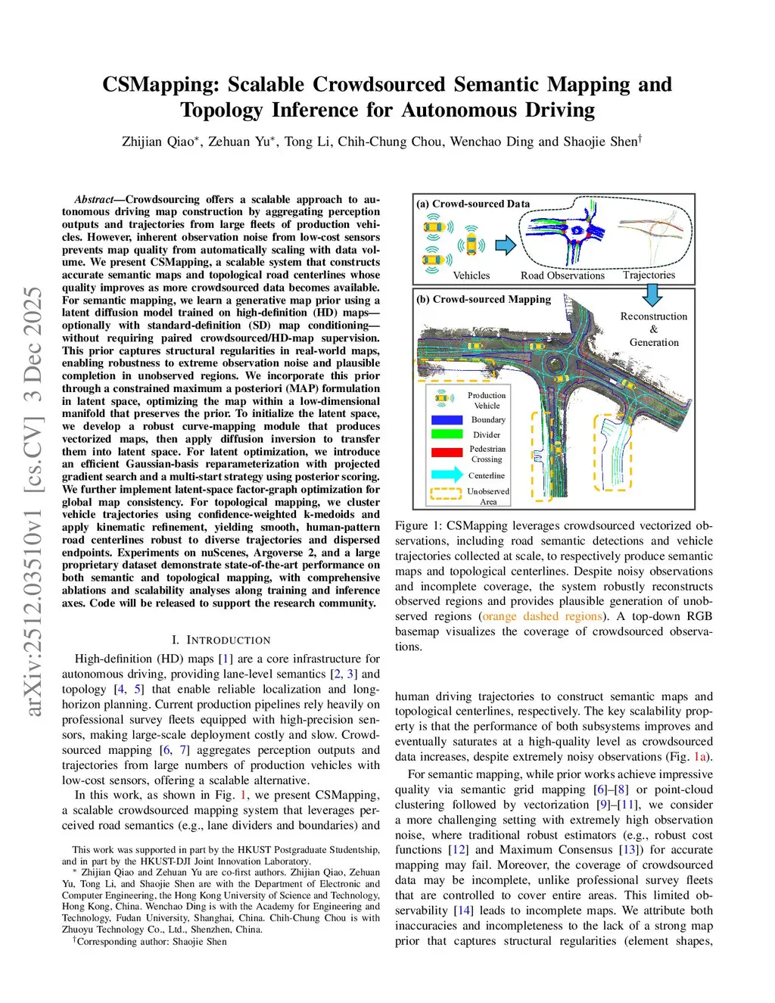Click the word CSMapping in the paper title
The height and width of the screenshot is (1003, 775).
click(160, 84)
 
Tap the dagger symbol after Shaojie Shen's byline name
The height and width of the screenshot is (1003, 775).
click(640, 139)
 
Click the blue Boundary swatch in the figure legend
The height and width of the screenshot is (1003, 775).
click(447, 419)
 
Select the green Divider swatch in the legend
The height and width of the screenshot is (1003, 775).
click(447, 435)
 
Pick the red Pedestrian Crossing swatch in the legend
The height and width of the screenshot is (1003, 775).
click(447, 453)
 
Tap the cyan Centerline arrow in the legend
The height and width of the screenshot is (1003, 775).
click(447, 475)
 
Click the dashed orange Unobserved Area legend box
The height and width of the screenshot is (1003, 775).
click(446, 494)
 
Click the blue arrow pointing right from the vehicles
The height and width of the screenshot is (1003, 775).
click(506, 245)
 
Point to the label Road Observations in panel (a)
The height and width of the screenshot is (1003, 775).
click(562, 276)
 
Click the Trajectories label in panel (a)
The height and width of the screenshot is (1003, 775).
click(649, 275)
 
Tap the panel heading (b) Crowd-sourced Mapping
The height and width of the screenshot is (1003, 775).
click(484, 299)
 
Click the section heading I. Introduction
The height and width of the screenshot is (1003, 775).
click(221, 640)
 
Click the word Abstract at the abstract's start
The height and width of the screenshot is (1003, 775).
click(94, 200)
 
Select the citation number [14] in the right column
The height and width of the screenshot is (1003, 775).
click(463, 911)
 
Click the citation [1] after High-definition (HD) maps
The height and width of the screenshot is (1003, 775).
click(226, 659)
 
